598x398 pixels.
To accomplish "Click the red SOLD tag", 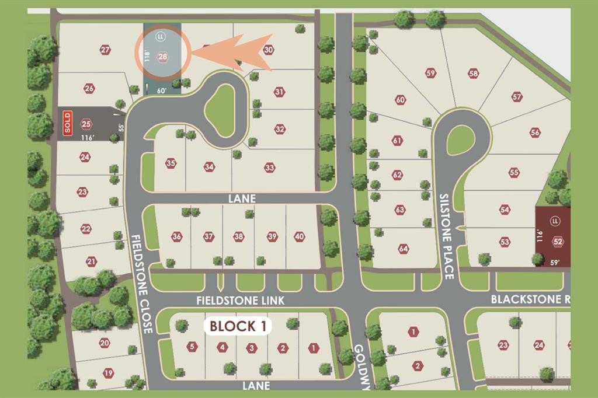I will click(67, 123).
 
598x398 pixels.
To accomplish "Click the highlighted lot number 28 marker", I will click(163, 57).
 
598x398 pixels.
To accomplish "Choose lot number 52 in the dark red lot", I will click(558, 242).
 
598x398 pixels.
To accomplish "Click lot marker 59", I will click(431, 73).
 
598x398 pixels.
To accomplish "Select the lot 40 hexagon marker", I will click(299, 236).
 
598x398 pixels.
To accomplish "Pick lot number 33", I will click(269, 167).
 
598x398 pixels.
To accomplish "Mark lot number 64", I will click(403, 249).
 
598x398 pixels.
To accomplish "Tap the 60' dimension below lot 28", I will click(161, 90).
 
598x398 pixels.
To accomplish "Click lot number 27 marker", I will click(105, 50).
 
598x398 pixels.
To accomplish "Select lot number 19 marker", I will click(108, 373).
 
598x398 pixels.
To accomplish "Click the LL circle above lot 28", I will click(160, 37).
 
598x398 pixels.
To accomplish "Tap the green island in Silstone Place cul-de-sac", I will click(460, 139).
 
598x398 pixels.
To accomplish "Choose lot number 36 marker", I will click(177, 236).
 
